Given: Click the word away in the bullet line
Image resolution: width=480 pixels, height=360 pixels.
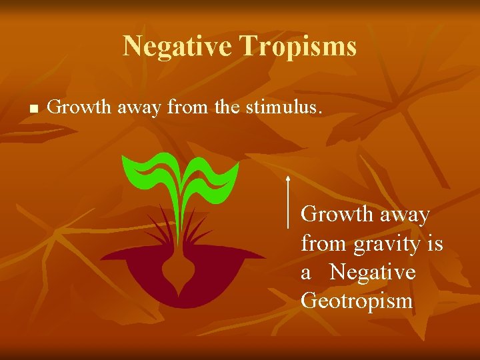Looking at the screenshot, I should point(138,106).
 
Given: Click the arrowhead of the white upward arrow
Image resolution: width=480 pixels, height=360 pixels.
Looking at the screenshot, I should point(287,178).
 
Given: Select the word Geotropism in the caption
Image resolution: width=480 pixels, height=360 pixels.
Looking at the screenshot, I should point(357,301).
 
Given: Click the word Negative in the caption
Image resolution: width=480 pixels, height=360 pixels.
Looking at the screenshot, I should point(372,273).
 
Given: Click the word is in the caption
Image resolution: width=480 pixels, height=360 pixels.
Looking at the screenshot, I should point(435,244).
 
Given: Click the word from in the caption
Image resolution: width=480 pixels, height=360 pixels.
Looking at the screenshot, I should point(323,244).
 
